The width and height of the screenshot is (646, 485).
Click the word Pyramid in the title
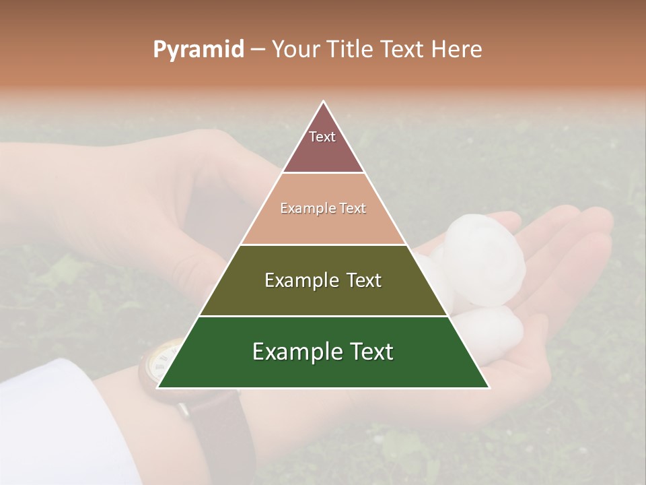point(198,50)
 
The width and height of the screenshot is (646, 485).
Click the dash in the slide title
point(257,50)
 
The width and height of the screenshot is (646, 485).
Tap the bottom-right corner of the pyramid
point(489,387)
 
